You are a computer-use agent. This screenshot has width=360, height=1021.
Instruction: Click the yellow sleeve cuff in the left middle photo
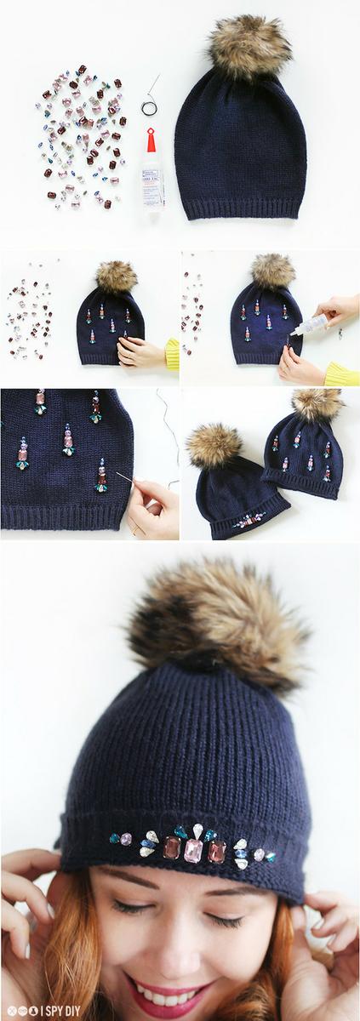pos(172,353)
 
